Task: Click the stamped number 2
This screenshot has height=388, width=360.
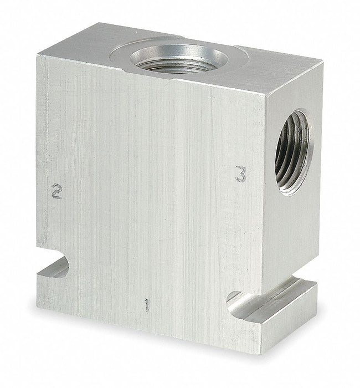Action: tap(57, 191)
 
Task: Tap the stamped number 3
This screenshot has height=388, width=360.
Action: tap(241, 174)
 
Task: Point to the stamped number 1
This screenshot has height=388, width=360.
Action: tap(147, 305)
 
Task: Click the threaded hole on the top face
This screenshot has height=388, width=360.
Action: tap(178, 59)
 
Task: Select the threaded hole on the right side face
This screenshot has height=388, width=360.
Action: tap(294, 152)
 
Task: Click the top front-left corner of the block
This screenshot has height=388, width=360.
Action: tap(37, 57)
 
